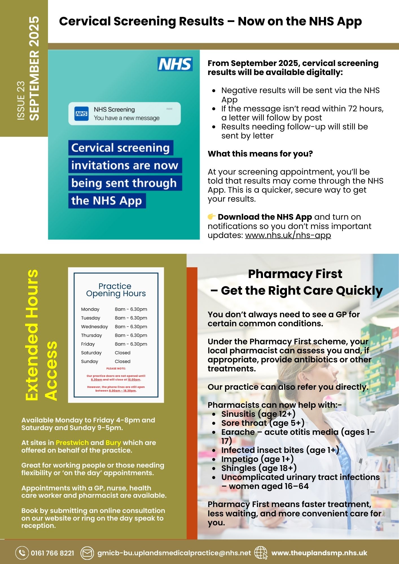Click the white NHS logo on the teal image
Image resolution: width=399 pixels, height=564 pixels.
[x=175, y=64]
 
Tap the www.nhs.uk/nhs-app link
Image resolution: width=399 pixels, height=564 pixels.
[x=288, y=235]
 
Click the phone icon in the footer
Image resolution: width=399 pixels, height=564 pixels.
[x=22, y=553]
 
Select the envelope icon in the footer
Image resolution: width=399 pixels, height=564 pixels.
[x=87, y=553]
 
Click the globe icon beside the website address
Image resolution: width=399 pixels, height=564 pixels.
[x=261, y=553]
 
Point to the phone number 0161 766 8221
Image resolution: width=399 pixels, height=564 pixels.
[x=52, y=553]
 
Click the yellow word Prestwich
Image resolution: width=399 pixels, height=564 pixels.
[x=72, y=443]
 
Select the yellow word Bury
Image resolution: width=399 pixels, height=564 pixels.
[x=113, y=443]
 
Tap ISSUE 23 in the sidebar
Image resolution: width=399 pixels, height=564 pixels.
[x=21, y=101]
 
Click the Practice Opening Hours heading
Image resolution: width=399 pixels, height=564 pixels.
[x=116, y=290]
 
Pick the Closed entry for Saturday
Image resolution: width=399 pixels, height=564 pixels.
[x=122, y=353]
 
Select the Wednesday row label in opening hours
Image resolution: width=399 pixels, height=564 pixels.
[x=95, y=327]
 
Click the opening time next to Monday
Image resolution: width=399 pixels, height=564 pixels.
[x=131, y=309]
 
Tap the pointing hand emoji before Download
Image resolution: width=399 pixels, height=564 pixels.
[x=212, y=217]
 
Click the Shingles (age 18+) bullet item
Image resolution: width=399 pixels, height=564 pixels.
[x=259, y=468]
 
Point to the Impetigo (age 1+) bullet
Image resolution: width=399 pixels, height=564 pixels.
[x=257, y=459]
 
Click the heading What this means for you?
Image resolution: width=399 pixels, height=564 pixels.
[x=260, y=154]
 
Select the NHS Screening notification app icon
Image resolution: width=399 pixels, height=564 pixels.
[x=82, y=114]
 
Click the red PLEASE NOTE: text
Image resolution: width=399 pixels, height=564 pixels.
[x=116, y=369]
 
